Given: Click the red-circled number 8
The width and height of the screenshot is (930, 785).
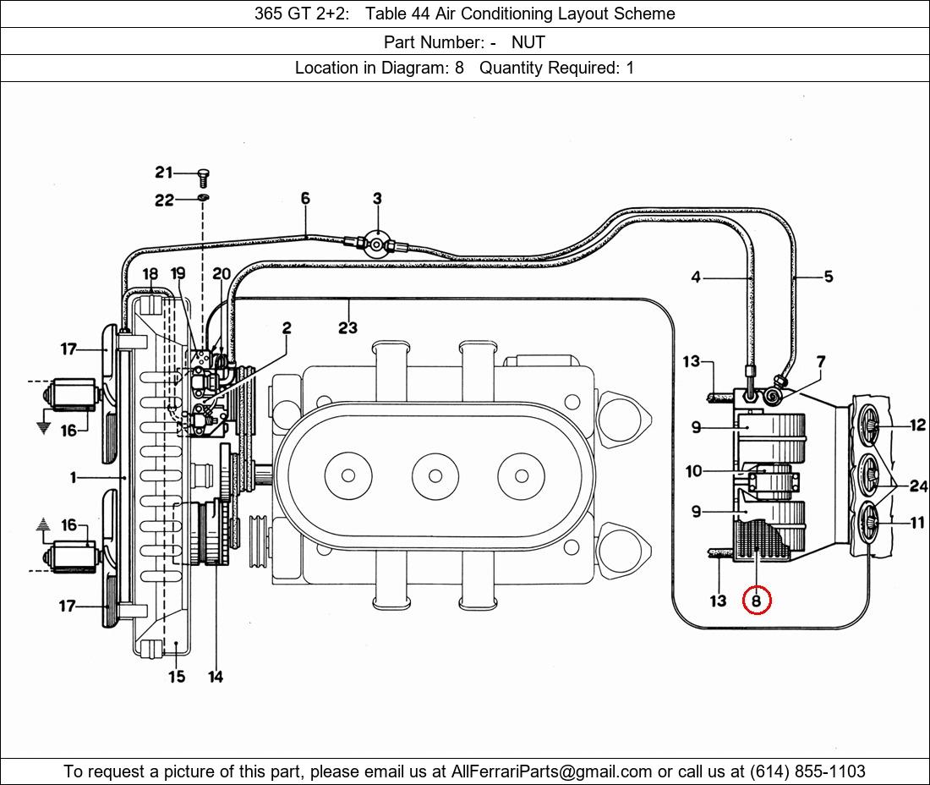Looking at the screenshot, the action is click(x=756, y=601).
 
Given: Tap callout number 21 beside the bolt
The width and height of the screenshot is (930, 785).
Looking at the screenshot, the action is click(x=164, y=172).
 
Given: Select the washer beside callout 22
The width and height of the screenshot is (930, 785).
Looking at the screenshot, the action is click(x=203, y=197).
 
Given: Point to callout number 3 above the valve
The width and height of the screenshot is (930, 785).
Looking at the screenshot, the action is click(x=377, y=198).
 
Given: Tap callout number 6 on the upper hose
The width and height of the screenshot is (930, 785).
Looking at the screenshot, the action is click(x=305, y=198).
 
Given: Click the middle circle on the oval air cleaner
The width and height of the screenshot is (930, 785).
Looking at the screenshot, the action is click(x=435, y=476).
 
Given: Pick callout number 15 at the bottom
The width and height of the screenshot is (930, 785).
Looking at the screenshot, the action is click(x=177, y=676).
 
